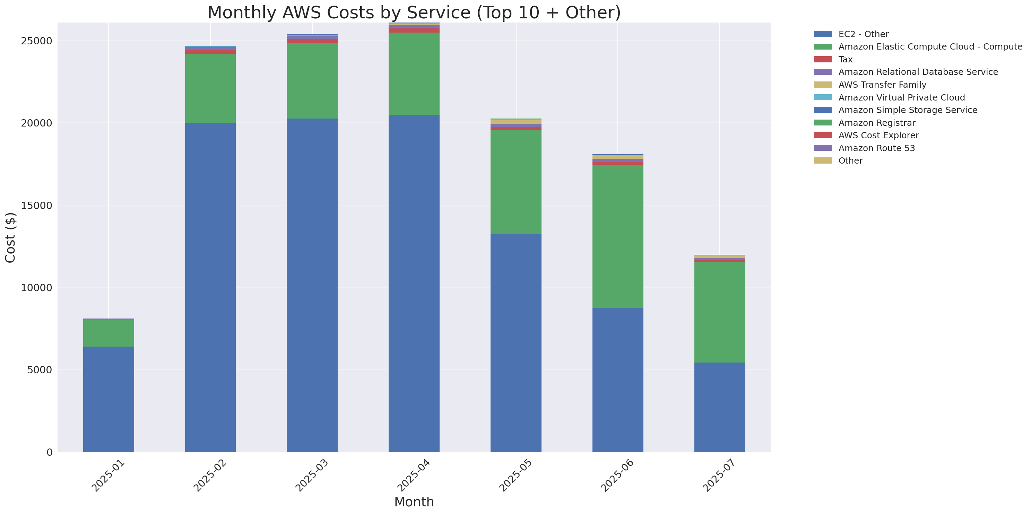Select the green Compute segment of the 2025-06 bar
pos(617,236)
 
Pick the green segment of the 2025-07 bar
pos(719,312)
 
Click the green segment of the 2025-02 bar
pos(210,88)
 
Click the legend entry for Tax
pos(845,60)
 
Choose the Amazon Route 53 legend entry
pos(876,148)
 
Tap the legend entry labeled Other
pos(850,161)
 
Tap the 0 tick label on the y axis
pos(49,452)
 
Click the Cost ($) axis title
pos(10,238)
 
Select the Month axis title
pos(414,502)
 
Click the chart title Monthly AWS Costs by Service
pos(414,12)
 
